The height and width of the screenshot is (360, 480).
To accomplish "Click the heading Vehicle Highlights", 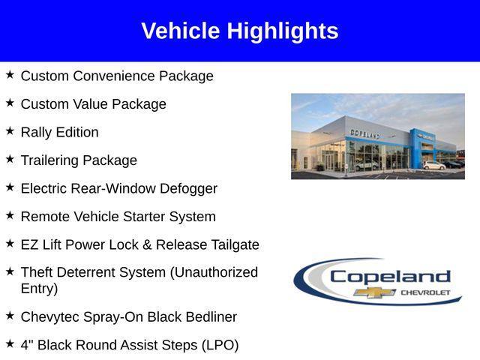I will pyautogui.click(x=239, y=31).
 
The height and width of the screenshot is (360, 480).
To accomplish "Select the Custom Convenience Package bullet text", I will pyautogui.click(x=117, y=76).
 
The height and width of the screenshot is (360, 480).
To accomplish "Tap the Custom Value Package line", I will pyautogui.click(x=93, y=104).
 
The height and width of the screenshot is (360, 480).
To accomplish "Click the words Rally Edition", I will pyautogui.click(x=59, y=132).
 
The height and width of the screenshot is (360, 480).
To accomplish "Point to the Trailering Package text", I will pyautogui.click(x=79, y=160).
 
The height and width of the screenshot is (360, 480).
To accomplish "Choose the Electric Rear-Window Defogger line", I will pyautogui.click(x=118, y=188).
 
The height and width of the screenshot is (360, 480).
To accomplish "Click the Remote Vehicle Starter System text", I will pyautogui.click(x=118, y=217).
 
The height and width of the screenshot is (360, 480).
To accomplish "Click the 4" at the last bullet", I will pyautogui.click(x=27, y=345).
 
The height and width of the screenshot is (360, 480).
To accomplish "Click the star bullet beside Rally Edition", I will pyautogui.click(x=10, y=131).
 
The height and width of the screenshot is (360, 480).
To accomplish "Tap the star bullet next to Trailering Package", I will pyautogui.click(x=10, y=159).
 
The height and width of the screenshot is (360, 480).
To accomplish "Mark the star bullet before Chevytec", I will pyautogui.click(x=10, y=316).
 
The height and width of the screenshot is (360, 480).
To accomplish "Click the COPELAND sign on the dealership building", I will pyautogui.click(x=364, y=133).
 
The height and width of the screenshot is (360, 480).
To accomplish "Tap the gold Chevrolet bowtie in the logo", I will pyautogui.click(x=375, y=292).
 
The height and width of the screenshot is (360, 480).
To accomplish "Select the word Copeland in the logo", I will pyautogui.click(x=389, y=276).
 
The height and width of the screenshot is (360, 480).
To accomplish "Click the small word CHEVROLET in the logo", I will pyautogui.click(x=426, y=292).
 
